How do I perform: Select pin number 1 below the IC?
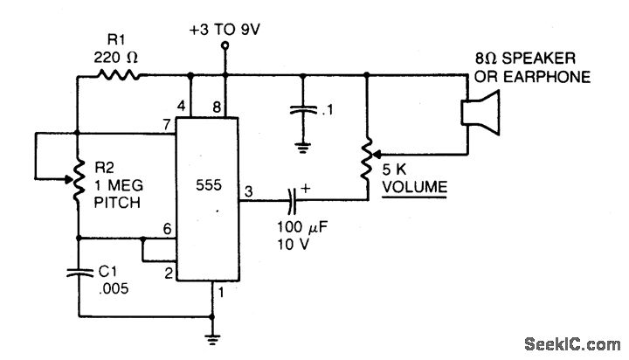(223, 293)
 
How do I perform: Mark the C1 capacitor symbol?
(78, 273)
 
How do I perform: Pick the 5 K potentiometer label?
(396, 170)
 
